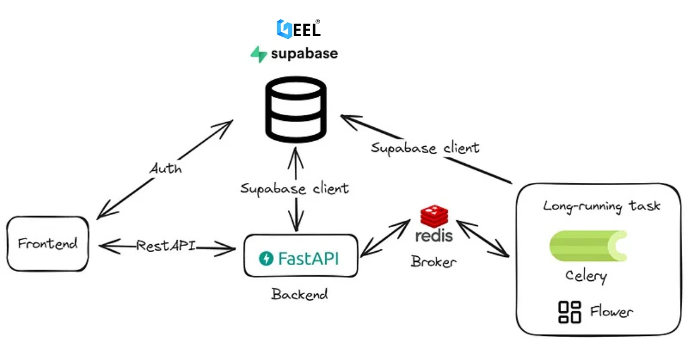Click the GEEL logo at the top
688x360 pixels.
click(298, 29)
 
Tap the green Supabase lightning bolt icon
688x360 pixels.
click(259, 54)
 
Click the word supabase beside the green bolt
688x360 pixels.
click(304, 54)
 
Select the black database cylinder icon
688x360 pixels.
click(296, 111)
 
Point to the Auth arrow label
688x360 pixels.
click(166, 169)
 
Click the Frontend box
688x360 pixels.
click(48, 244)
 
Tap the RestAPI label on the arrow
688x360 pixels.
click(166, 246)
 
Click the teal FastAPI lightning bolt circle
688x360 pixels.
click(267, 259)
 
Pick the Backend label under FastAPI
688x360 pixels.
click(300, 295)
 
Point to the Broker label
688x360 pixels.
click(433, 261)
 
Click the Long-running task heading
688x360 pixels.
click(601, 206)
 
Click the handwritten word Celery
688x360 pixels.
click(586, 276)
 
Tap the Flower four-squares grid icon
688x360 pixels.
click(569, 312)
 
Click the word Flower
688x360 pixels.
click(611, 312)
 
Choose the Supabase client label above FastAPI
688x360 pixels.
click(295, 188)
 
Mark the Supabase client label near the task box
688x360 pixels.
click(425, 148)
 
